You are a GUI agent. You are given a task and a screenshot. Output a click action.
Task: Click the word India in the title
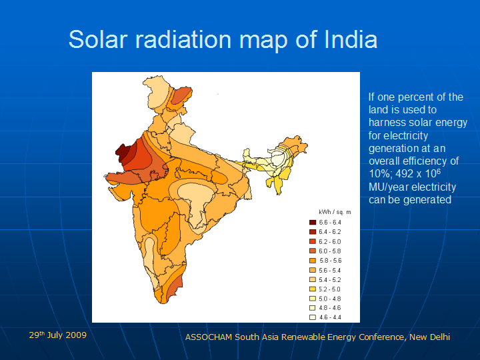[351, 39]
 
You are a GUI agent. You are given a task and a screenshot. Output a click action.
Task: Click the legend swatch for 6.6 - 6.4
[312, 222]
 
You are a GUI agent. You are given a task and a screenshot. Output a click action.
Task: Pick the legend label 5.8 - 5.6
[331, 260]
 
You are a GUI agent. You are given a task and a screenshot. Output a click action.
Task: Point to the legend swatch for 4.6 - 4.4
[312, 317]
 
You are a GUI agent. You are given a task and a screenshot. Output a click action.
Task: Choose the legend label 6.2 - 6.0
[331, 241]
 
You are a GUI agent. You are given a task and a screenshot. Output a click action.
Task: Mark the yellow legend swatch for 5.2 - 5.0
[312, 289]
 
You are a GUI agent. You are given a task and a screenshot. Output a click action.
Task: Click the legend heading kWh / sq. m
[334, 211]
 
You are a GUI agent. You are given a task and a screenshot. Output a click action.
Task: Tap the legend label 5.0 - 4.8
[331, 299]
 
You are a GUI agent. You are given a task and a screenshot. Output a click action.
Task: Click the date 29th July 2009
[57, 335]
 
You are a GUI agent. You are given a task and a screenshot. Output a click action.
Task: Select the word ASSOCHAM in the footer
[209, 337]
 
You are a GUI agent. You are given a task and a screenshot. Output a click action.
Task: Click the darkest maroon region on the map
[123, 151]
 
